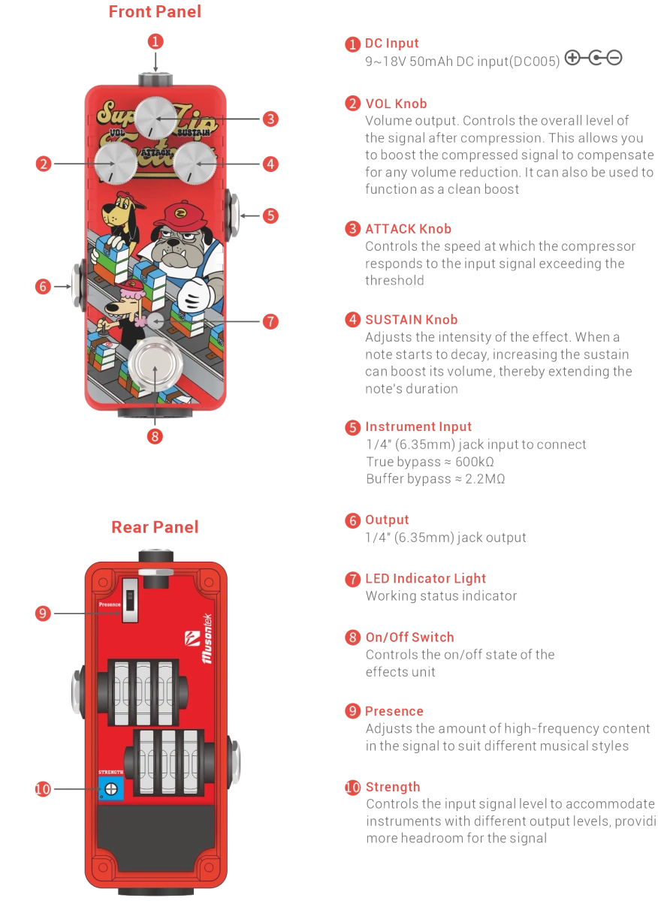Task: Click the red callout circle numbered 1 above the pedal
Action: point(155,41)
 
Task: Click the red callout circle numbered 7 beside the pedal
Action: point(270,321)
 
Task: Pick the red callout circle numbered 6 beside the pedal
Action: point(43,286)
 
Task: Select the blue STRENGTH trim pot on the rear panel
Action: point(111,788)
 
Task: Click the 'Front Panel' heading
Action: point(155,11)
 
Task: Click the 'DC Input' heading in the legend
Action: point(391,44)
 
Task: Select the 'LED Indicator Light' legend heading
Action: point(425,579)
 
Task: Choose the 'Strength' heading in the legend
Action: point(392,788)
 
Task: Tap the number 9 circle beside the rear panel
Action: point(43,613)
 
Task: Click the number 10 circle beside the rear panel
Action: point(43,788)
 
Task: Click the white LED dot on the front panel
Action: point(155,321)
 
